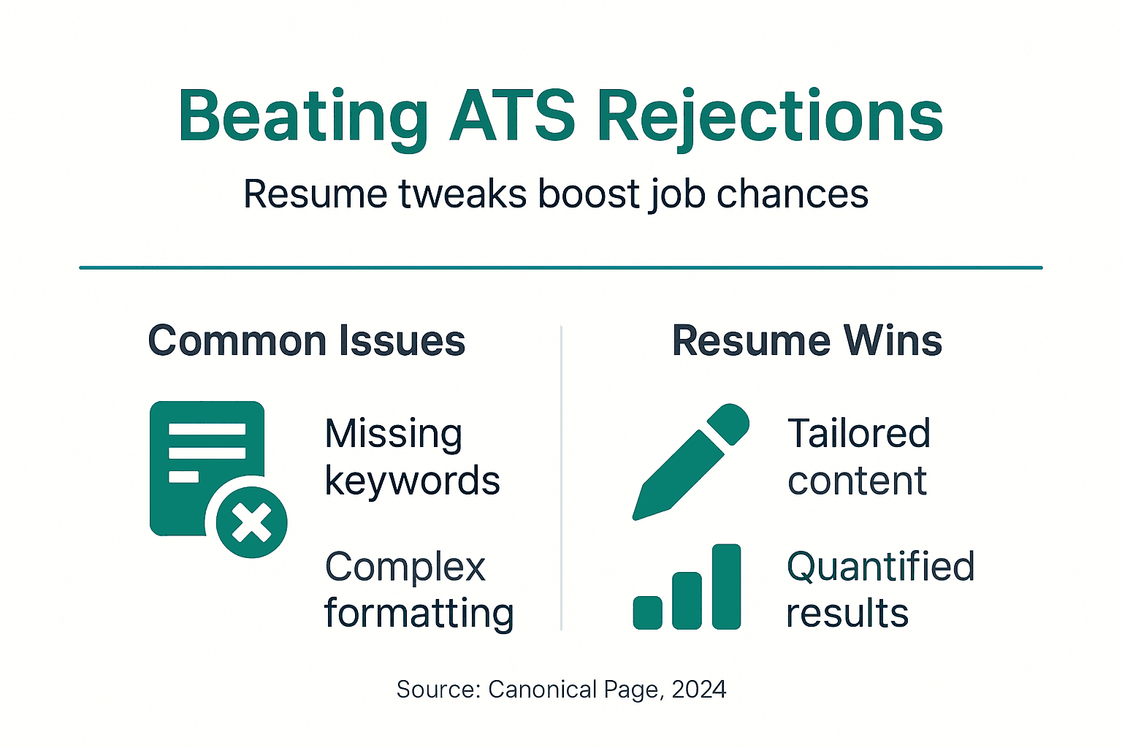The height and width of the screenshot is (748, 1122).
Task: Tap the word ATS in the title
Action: click(x=513, y=117)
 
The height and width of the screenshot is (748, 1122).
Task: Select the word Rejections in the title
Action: click(x=770, y=117)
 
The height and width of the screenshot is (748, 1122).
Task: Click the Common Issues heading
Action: click(x=306, y=341)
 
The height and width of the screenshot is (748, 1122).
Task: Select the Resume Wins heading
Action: click(x=806, y=341)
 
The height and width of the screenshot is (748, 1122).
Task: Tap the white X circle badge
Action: click(x=251, y=522)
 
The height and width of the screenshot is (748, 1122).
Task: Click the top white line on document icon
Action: click(x=207, y=429)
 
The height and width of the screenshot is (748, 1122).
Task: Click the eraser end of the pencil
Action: click(x=729, y=423)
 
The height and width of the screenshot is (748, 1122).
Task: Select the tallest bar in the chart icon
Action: click(x=726, y=587)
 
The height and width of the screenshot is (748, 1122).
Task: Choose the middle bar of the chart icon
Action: click(x=687, y=600)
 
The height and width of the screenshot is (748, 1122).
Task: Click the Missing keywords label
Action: click(x=411, y=457)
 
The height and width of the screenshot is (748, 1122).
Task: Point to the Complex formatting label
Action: click(x=418, y=589)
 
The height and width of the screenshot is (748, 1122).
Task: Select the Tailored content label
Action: click(x=858, y=457)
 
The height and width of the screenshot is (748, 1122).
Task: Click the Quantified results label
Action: click(x=879, y=589)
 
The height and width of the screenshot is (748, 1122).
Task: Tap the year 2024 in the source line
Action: click(x=698, y=690)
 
